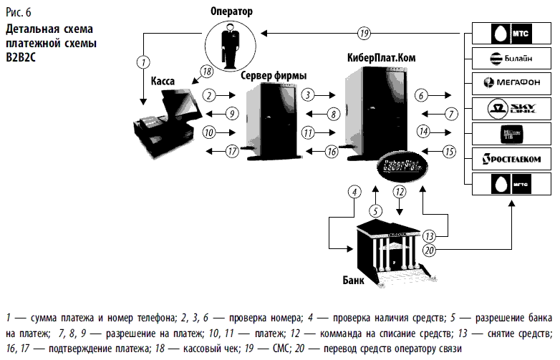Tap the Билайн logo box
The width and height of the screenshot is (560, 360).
(511, 59)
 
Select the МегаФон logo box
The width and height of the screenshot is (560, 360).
(511, 83)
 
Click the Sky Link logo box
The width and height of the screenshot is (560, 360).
(511, 108)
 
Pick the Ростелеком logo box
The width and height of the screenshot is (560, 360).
(511, 158)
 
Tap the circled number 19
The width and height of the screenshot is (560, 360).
(364, 32)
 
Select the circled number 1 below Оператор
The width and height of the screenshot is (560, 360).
(144, 61)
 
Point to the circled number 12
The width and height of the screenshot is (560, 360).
(399, 191)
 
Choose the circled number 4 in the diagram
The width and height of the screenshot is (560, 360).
(353, 191)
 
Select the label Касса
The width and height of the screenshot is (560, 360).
(164, 82)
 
